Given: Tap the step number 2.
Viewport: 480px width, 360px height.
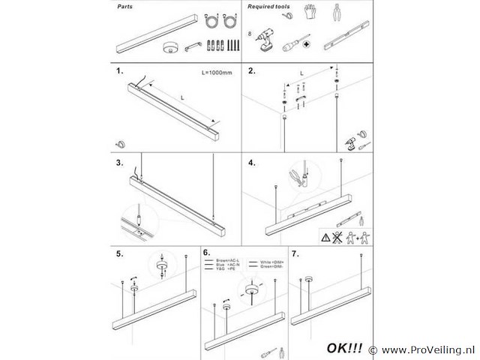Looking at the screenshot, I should [252, 73].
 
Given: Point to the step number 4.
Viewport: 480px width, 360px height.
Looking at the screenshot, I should [252, 163].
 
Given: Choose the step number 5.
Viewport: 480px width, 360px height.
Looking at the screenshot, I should [120, 253].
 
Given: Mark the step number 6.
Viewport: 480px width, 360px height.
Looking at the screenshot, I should [207, 253].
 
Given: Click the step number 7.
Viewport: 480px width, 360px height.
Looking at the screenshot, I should [294, 253].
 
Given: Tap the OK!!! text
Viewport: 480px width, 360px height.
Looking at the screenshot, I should [345, 349].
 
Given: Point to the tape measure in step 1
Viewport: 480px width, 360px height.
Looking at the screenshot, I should [121, 143].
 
